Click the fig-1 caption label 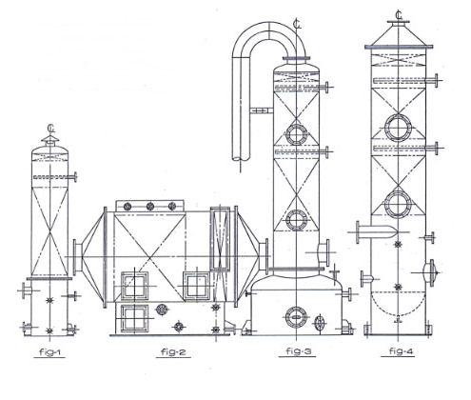(x=49, y=351)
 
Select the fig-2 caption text (x=173, y=351)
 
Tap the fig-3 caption (x=299, y=351)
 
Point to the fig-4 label (x=402, y=351)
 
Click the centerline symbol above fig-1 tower (x=51, y=128)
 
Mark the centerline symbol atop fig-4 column (x=399, y=14)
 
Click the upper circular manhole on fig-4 (x=398, y=128)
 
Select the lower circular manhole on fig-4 (x=398, y=204)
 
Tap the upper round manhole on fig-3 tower (x=297, y=134)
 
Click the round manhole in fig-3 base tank (x=296, y=317)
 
